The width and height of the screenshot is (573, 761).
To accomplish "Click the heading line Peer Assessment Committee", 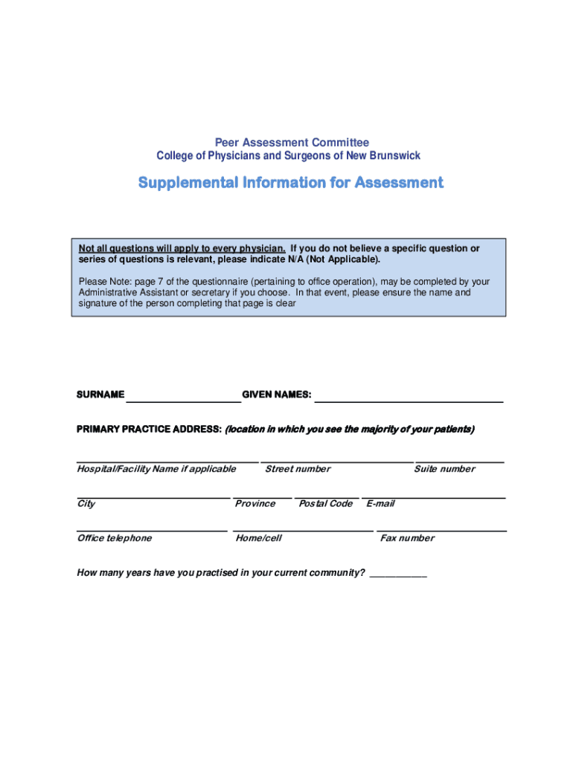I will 292,142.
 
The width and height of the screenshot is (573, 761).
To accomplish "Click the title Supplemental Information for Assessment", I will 291,182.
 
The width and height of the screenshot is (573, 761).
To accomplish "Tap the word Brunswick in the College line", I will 395,156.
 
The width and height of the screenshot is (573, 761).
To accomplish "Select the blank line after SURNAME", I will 183,400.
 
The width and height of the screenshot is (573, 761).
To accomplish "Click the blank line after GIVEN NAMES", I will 409,400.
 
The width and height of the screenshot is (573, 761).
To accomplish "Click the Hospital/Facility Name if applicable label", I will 156,469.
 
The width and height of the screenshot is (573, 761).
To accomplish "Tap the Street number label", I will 298,469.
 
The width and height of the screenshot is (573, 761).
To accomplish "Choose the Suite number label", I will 444,469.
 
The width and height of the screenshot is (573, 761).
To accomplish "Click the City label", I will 86,504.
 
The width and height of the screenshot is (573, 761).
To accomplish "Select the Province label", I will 255,504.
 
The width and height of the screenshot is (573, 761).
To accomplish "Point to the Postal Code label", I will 325,504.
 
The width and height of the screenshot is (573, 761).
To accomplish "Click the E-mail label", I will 380,504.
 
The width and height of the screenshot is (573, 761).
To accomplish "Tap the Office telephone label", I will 115,538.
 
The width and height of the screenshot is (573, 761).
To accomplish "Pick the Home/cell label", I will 258,538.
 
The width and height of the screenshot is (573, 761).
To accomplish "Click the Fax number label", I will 407,538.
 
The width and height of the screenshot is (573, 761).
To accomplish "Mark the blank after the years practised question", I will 398,576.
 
